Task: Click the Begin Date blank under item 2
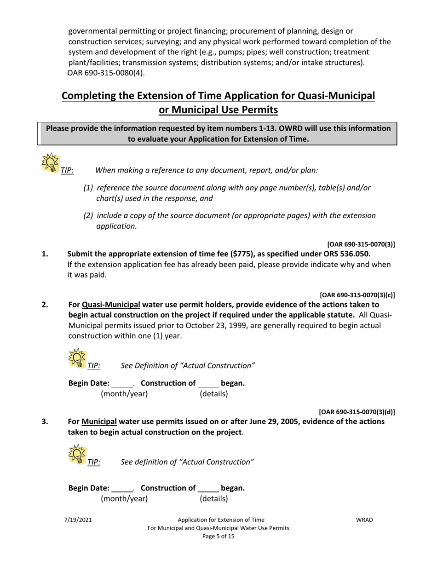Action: (122, 383)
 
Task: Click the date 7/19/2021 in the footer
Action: (78, 520)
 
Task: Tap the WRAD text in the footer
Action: (364, 520)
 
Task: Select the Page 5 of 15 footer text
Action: (218, 537)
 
